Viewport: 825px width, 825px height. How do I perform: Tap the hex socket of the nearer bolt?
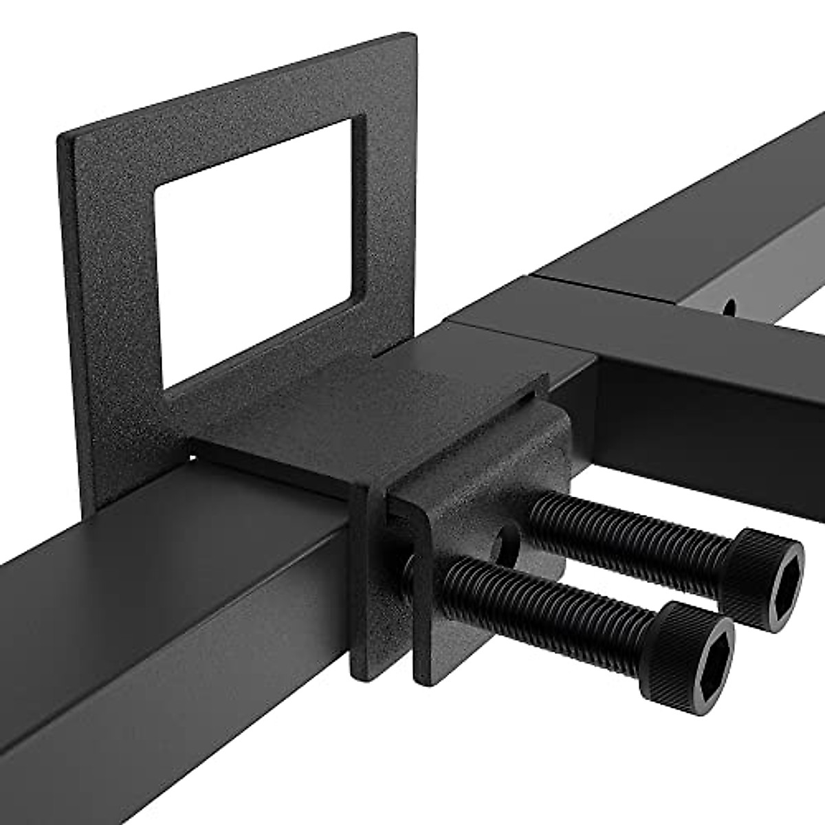[x=704, y=653]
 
